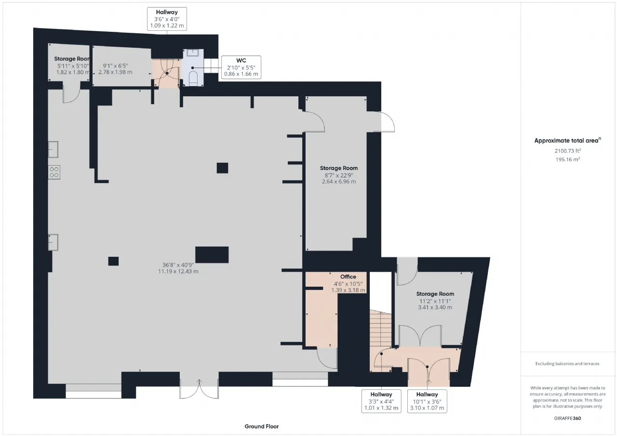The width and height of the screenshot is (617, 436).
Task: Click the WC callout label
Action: tap(241, 67)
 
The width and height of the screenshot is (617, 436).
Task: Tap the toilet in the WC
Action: tap(193, 78)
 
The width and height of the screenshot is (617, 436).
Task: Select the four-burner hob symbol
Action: tap(54, 172)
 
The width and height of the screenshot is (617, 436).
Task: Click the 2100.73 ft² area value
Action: tap(567, 151)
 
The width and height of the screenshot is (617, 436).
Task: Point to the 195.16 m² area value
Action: tap(567, 159)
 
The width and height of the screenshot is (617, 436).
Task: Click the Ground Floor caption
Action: tap(261, 426)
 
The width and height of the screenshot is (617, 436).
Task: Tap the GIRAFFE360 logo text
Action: tap(567, 418)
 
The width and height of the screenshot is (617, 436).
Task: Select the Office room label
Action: tap(348, 277)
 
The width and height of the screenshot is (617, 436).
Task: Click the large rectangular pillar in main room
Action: tap(212, 254)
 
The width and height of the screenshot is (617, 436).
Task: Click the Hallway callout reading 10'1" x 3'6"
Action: tap(427, 401)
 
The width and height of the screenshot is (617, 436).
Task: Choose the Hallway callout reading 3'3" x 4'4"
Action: tap(381, 401)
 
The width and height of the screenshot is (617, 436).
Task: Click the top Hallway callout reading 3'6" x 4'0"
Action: tap(167, 19)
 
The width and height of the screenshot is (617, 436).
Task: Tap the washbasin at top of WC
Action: tap(193, 53)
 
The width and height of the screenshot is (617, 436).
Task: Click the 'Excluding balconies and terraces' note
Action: tap(567, 364)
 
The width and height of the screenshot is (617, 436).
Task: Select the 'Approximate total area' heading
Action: tap(567, 140)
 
